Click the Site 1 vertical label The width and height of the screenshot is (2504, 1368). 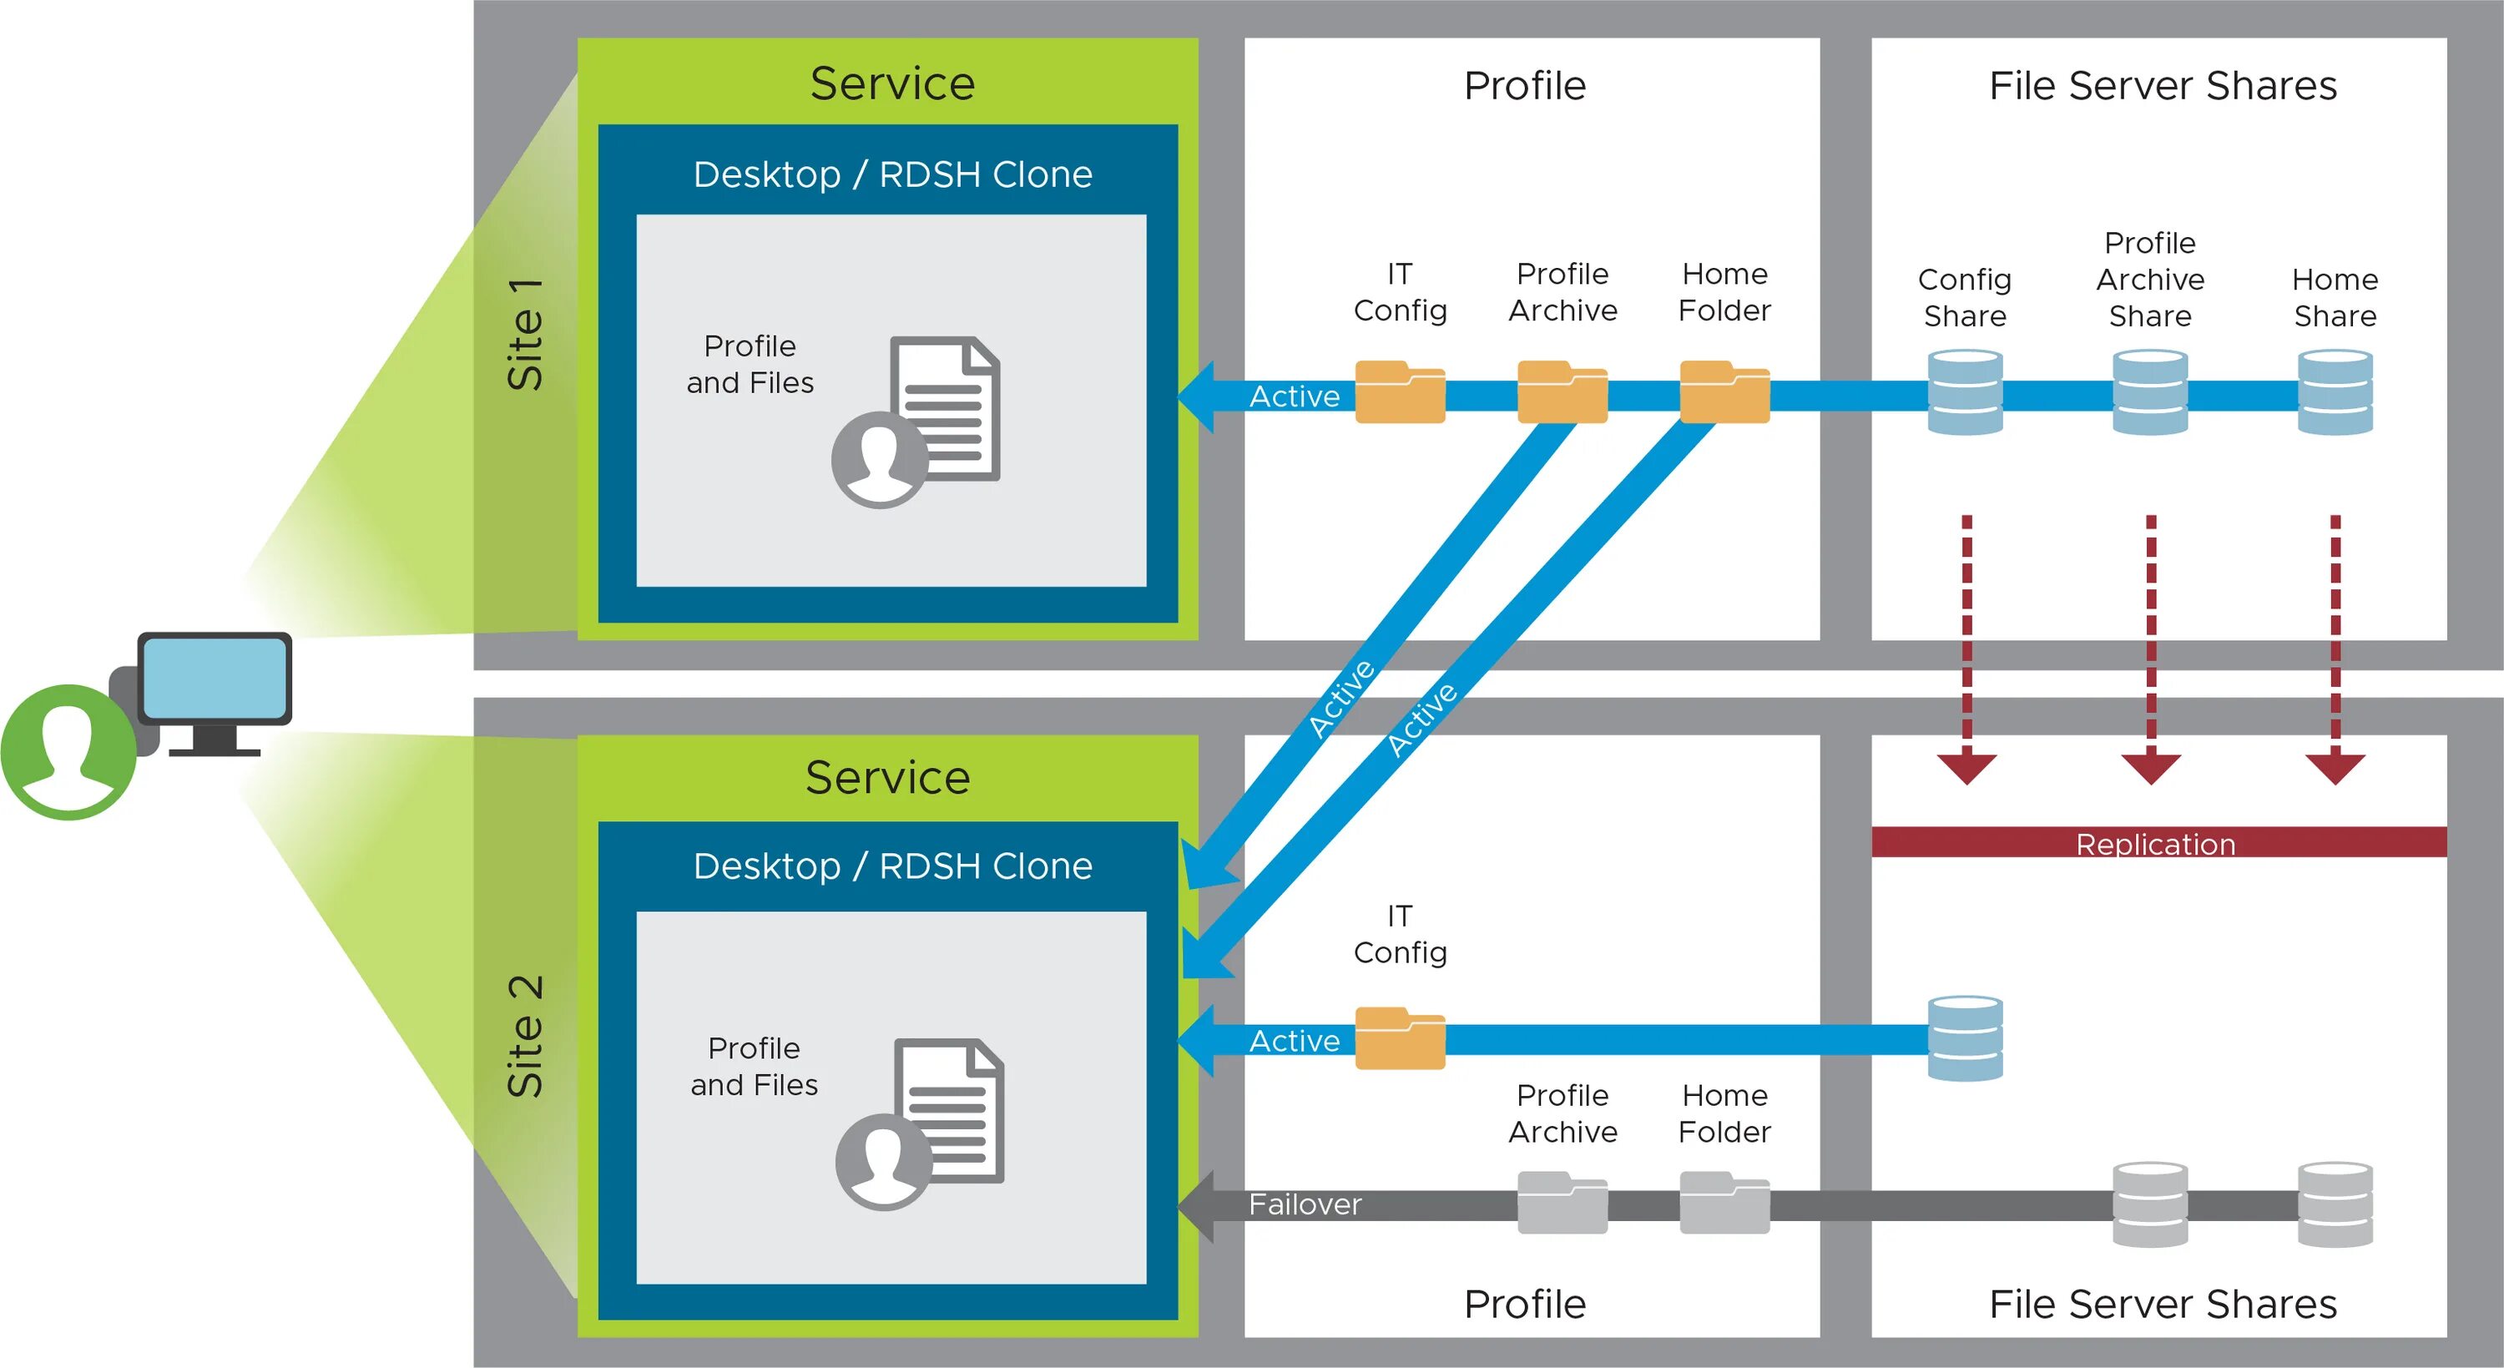[526, 336]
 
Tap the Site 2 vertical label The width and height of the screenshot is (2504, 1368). [526, 1037]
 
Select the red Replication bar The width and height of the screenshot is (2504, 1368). [2158, 842]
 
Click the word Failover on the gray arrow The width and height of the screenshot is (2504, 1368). [1305, 1204]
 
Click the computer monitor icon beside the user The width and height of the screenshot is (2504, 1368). [215, 680]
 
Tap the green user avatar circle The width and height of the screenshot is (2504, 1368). [68, 751]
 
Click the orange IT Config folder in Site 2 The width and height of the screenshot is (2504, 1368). [1400, 1038]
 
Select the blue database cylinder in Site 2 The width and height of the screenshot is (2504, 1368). [1965, 1038]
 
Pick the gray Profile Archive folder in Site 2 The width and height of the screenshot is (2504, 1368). [1562, 1204]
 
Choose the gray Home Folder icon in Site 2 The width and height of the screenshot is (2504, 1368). [1724, 1204]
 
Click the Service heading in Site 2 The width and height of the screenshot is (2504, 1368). [887, 778]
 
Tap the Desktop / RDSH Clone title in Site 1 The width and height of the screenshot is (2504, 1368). [892, 175]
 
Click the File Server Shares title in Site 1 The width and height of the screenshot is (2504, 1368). [2163, 86]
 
